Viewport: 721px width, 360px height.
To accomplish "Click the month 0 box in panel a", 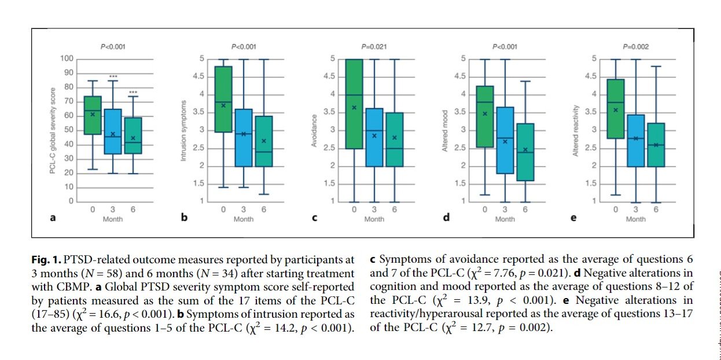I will pyautogui.click(x=93, y=115).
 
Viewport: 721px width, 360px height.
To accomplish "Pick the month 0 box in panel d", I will pyautogui.click(x=485, y=116).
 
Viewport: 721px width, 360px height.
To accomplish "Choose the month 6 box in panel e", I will pyautogui.click(x=656, y=145).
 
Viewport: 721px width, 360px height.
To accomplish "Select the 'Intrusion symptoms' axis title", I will pyautogui.click(x=184, y=130).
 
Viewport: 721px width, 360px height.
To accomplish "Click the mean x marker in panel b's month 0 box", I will pyautogui.click(x=223, y=105).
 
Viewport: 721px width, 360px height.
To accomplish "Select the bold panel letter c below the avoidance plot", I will pyautogui.click(x=314, y=219).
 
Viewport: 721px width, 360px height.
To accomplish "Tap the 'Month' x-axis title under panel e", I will pyautogui.click(x=635, y=219).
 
